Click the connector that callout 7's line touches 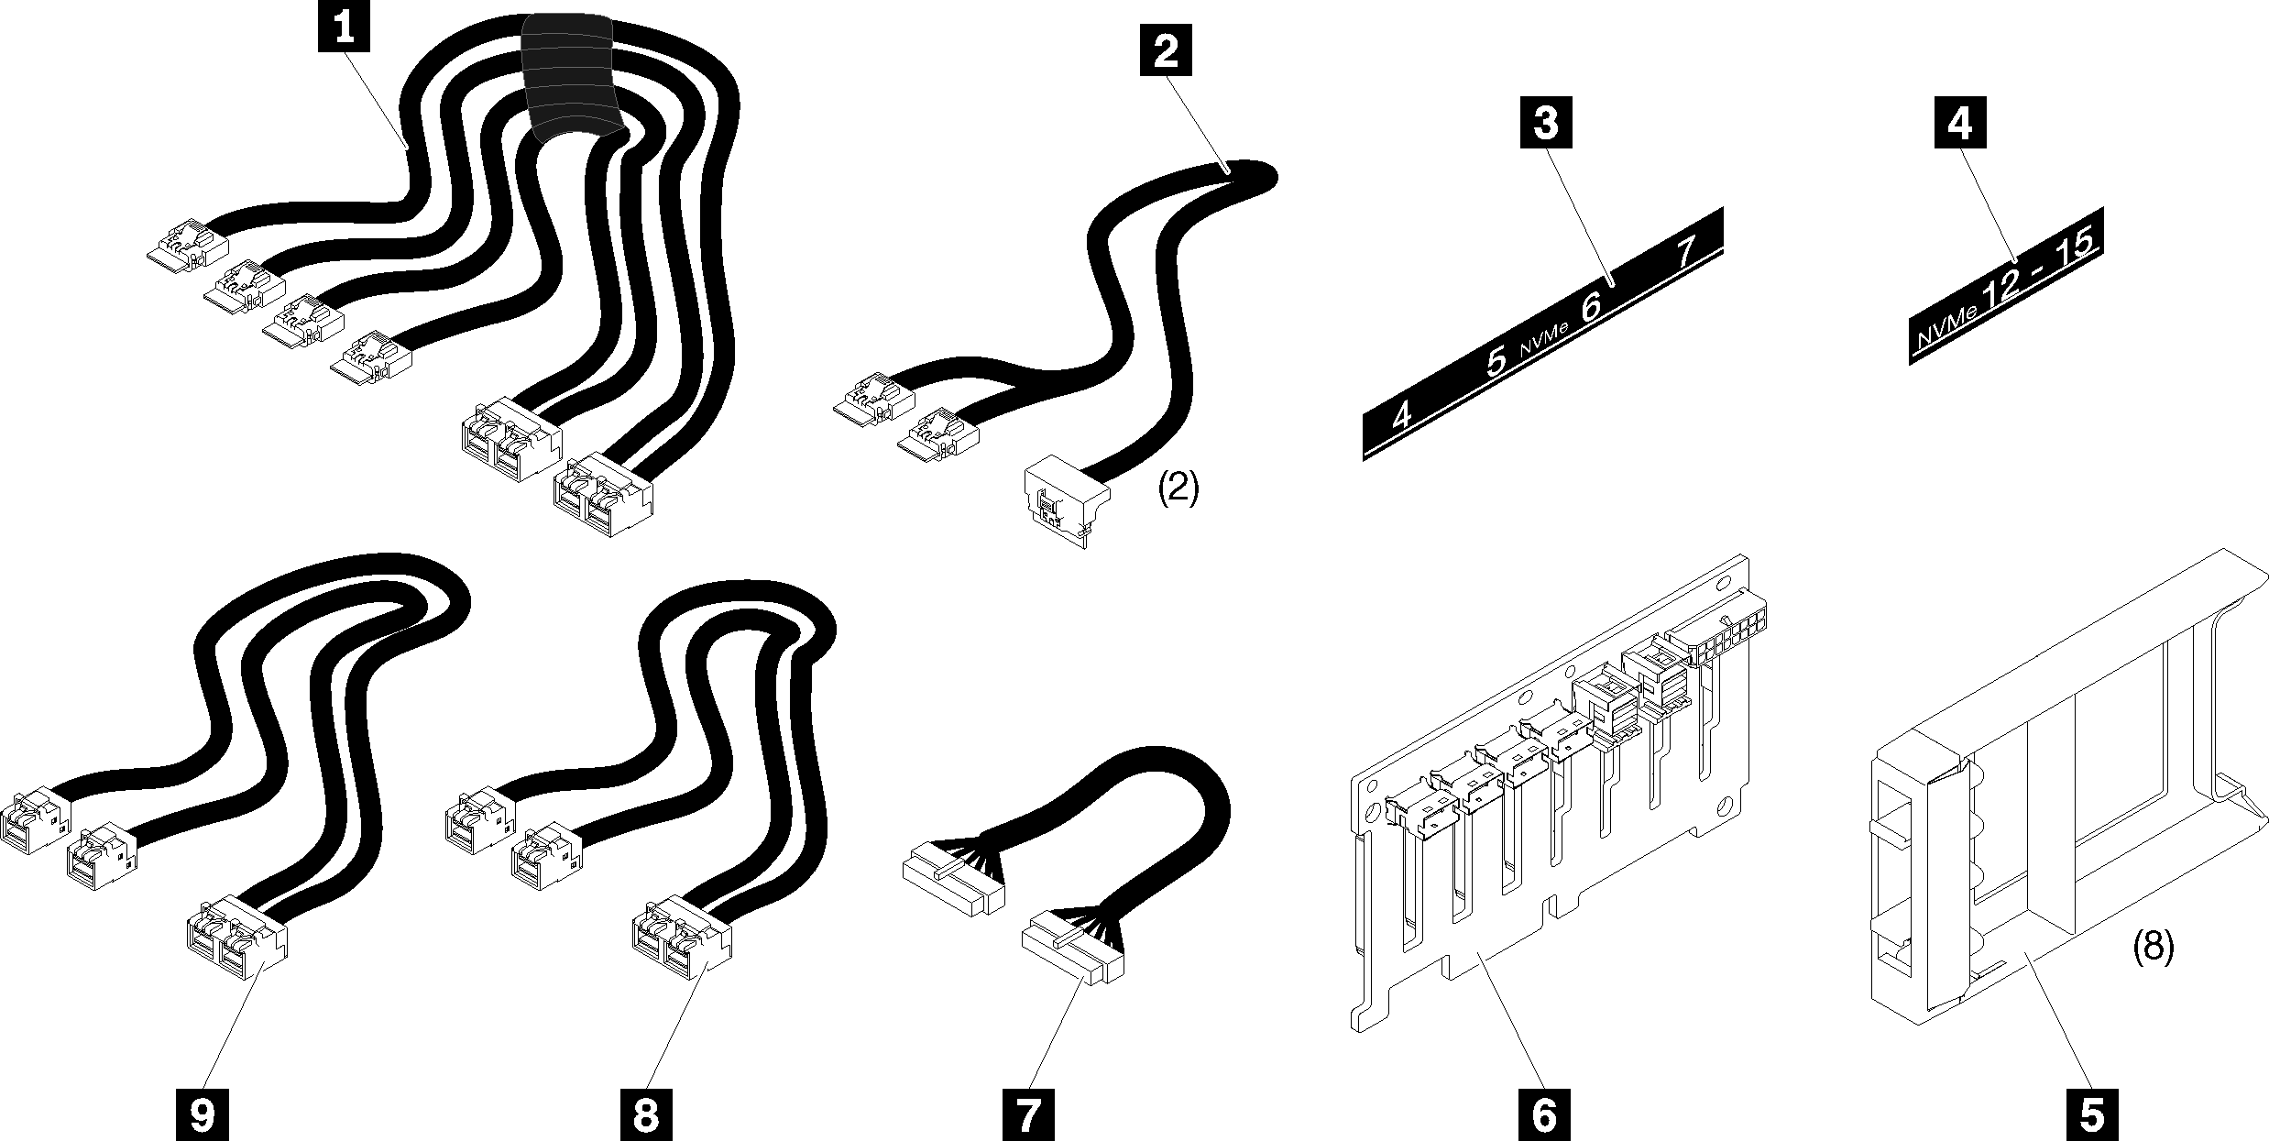click(1072, 958)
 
